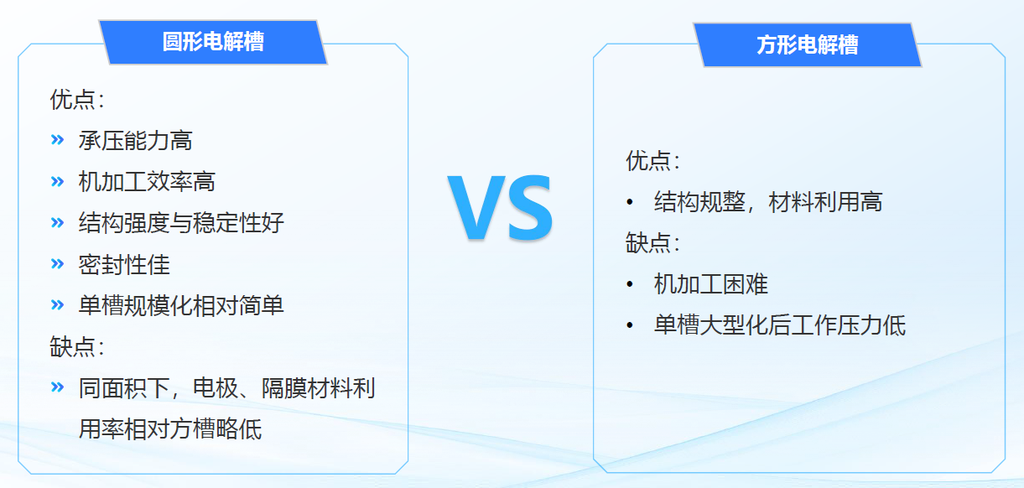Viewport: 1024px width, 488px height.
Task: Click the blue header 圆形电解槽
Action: [x=213, y=42]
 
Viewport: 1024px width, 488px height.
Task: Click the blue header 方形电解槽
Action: [x=808, y=44]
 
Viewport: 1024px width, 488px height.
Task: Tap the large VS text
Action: [x=500, y=208]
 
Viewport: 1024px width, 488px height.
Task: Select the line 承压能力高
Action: [x=135, y=140]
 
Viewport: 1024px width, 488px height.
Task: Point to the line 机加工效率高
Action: [x=147, y=181]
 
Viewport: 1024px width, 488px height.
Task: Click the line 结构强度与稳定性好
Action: [x=181, y=223]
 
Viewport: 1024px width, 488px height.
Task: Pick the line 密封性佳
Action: [x=124, y=265]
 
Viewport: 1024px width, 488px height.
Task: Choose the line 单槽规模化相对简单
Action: [x=181, y=306]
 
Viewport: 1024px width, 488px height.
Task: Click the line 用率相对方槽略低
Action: [x=170, y=429]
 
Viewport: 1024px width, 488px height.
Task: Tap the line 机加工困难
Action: [x=711, y=284]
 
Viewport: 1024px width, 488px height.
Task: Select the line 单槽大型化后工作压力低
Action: [x=780, y=325]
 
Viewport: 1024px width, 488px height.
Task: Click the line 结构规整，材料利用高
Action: [x=768, y=202]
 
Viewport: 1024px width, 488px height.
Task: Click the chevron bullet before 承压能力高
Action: [x=57, y=139]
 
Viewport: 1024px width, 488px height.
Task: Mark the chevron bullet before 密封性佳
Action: [x=57, y=263]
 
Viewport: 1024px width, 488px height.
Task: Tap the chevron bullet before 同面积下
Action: [x=57, y=387]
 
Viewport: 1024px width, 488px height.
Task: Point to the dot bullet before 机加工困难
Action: [x=630, y=284]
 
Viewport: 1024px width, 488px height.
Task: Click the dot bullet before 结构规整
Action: [x=630, y=202]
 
